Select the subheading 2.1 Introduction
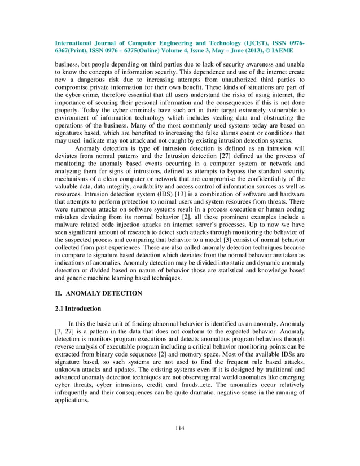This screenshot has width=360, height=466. (x=78, y=309)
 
